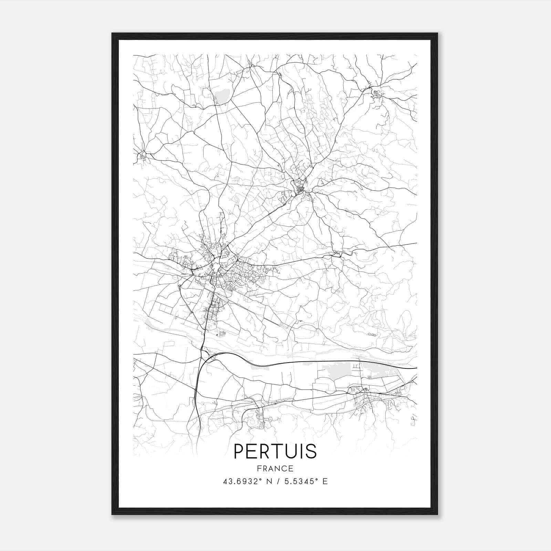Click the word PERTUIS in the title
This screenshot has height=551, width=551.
[x=275, y=451]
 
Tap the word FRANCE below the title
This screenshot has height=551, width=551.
[x=275, y=468]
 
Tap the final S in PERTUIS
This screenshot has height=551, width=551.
[x=311, y=451]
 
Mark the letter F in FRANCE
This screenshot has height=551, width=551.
[x=258, y=468]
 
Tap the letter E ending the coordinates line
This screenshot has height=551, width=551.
[x=325, y=481]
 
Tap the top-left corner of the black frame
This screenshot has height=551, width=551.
[x=113, y=34]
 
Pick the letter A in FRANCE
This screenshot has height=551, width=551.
[x=271, y=468]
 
